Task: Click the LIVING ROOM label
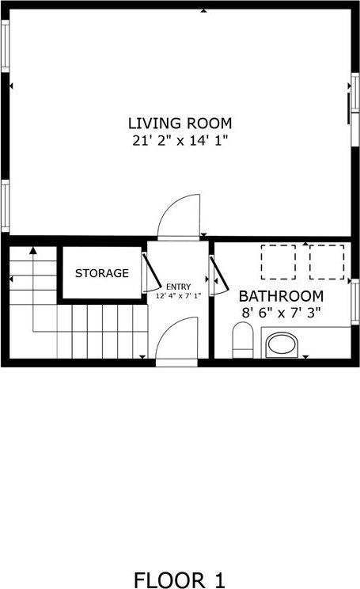tap(180, 123)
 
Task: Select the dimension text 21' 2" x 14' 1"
tap(180, 140)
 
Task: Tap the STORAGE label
tap(102, 273)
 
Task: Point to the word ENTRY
tap(178, 287)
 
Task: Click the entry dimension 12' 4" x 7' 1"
tap(178, 295)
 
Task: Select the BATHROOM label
tap(281, 296)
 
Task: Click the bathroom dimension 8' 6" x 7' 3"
tap(281, 312)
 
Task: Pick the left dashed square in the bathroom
tap(278, 262)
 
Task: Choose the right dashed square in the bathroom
tap(327, 262)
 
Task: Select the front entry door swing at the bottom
tap(177, 338)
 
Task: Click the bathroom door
tap(217, 274)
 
